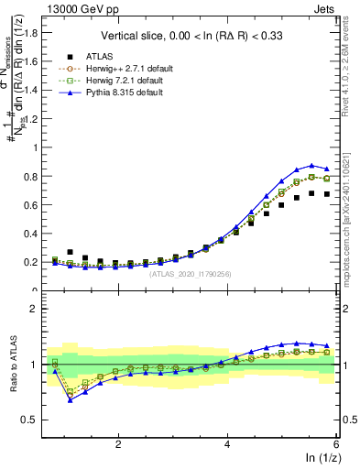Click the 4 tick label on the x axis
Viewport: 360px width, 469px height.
coord(227,443)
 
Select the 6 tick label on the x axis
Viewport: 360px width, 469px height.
coord(335,443)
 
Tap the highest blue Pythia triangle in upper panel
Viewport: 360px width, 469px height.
coord(311,165)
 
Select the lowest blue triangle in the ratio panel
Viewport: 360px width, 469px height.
coord(71,400)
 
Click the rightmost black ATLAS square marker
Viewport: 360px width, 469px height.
coord(326,194)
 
